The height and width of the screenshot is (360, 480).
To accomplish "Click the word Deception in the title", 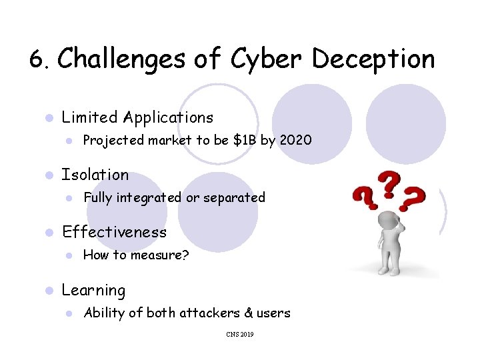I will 373,59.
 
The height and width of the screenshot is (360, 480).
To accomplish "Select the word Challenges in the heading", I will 122,59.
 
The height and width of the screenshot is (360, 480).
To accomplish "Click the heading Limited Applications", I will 137,117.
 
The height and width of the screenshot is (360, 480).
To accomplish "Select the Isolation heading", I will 95,175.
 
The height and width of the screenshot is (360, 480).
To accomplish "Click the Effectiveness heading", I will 114,232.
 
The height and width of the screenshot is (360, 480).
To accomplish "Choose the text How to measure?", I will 136,255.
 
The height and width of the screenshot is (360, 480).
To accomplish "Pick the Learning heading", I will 93,290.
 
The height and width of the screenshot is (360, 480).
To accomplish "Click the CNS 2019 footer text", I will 239,334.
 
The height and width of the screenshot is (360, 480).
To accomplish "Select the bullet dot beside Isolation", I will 47,175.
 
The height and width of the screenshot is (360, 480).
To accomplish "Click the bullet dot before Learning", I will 47,291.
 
